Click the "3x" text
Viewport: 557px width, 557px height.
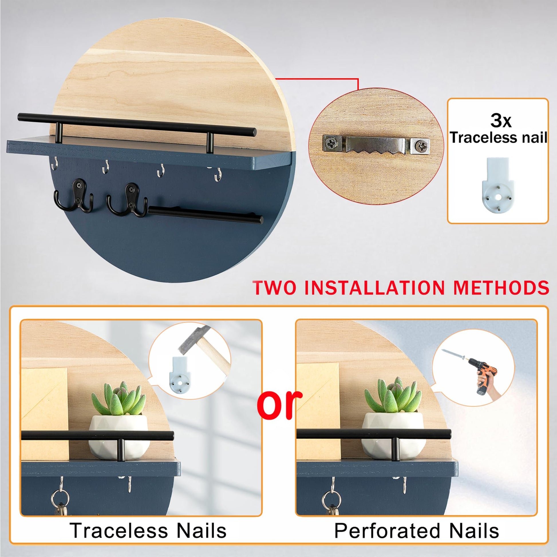pos(501,121)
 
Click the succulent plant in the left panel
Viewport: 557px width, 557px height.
pos(118,399)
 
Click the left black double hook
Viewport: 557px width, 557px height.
pos(74,196)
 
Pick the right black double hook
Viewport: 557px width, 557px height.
pos(127,200)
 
